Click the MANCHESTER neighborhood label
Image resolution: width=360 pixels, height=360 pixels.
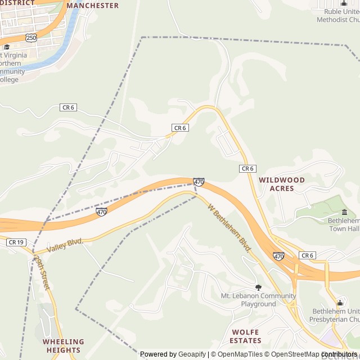click(x=93, y=6)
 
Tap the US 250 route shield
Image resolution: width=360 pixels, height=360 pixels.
click(x=31, y=37)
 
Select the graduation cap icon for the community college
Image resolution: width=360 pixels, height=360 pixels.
click(x=6, y=47)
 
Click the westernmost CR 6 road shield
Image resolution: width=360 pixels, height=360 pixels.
click(x=68, y=107)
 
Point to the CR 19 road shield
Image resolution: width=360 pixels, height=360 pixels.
click(x=16, y=242)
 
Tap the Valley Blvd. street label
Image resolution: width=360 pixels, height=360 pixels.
click(x=65, y=245)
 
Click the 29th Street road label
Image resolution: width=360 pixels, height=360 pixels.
click(x=42, y=272)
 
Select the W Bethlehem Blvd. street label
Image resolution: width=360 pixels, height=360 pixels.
click(x=229, y=228)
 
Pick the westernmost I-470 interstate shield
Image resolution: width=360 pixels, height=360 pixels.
click(x=101, y=212)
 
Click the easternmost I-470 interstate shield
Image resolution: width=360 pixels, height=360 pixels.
click(x=279, y=256)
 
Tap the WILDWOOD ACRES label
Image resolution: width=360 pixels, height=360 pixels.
click(x=282, y=184)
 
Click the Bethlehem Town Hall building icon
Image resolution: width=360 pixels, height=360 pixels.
click(x=344, y=212)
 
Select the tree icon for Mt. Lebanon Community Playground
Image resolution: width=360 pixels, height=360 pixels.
click(x=258, y=287)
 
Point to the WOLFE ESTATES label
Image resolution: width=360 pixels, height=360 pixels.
click(x=246, y=336)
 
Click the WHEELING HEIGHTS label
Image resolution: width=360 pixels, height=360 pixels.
click(x=63, y=345)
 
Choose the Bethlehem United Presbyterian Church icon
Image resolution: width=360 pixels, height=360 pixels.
click(x=339, y=303)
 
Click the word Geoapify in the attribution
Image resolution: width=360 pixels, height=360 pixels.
click(x=192, y=354)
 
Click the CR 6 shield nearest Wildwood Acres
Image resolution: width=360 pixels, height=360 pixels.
click(x=247, y=169)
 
